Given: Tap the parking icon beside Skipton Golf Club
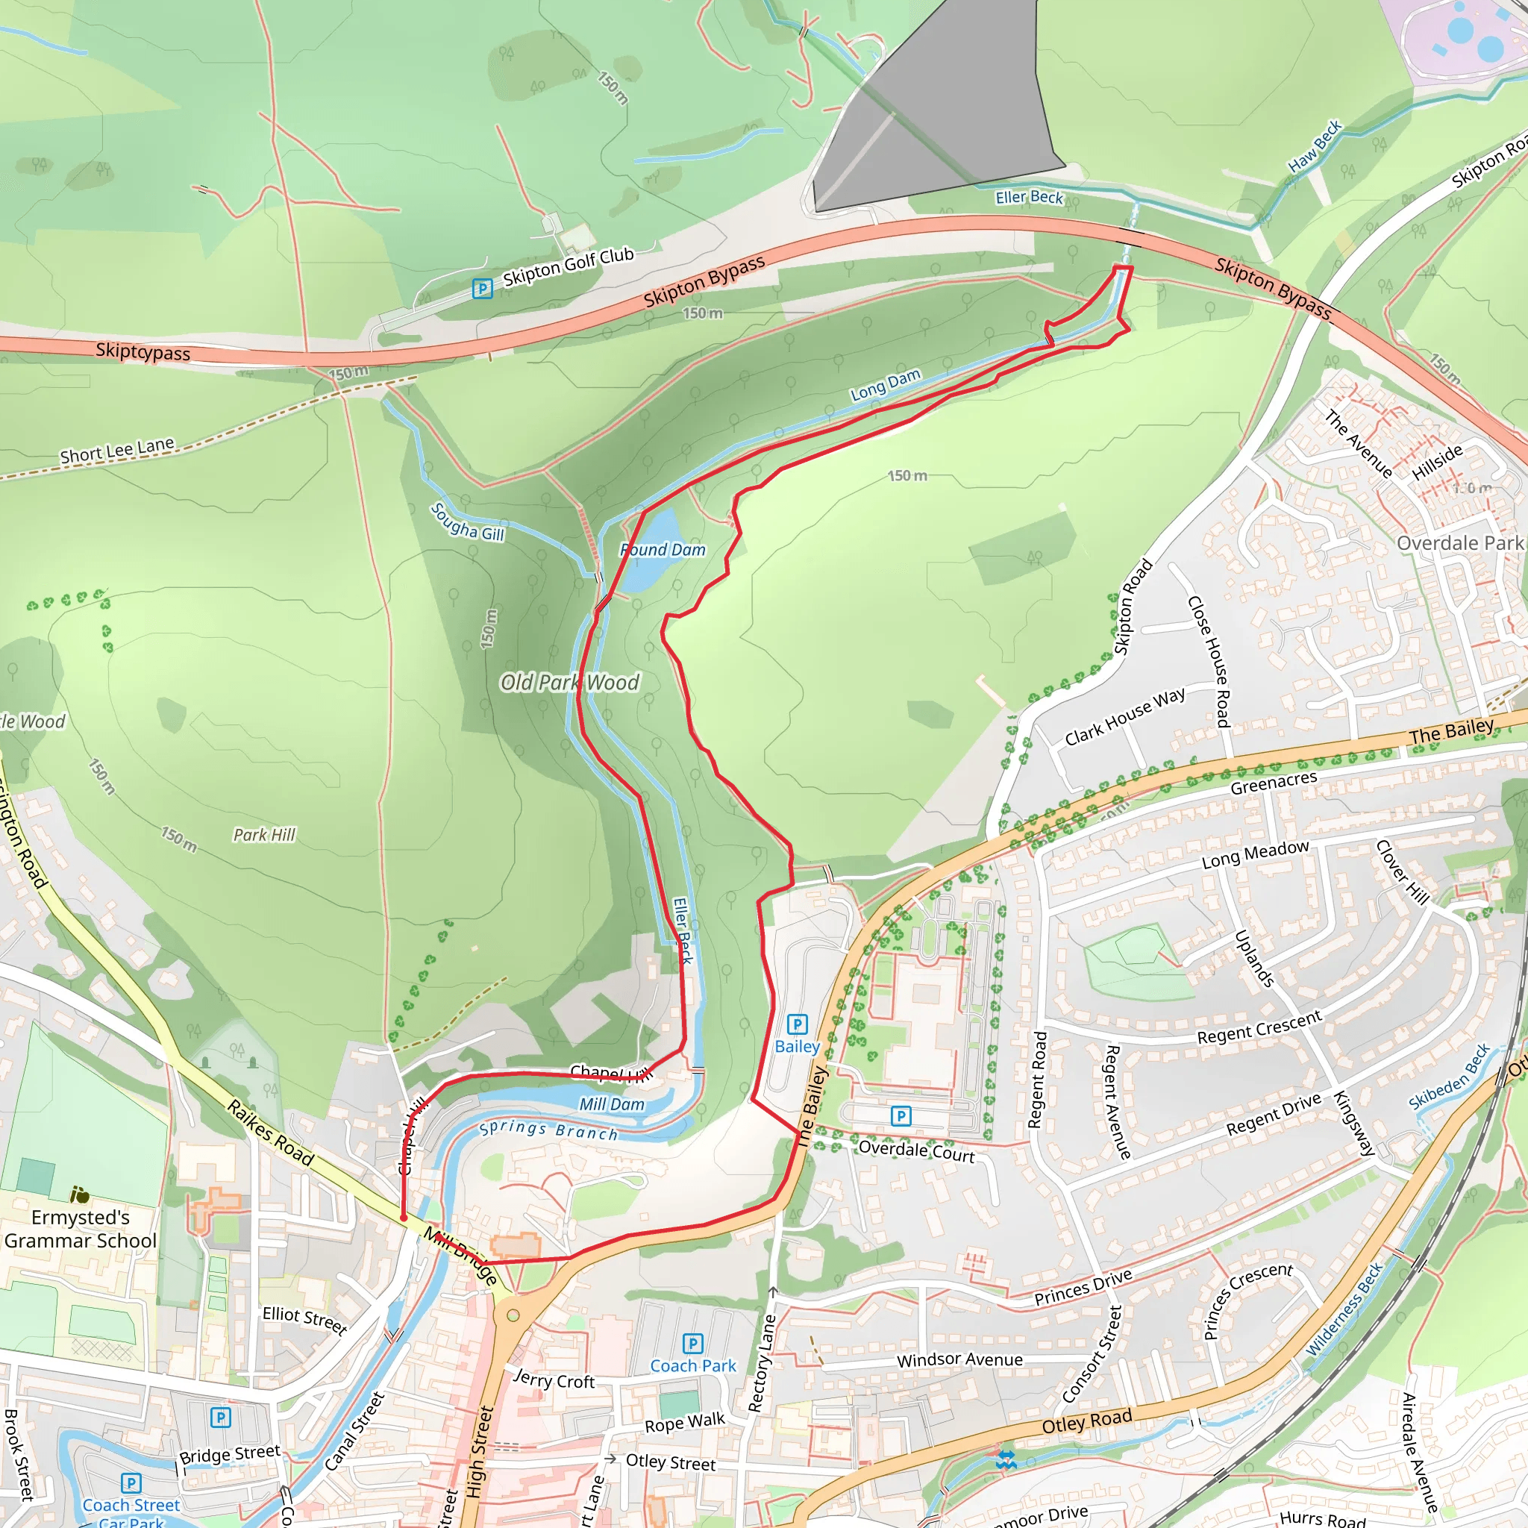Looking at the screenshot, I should pyautogui.click(x=482, y=289).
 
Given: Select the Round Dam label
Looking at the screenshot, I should pyautogui.click(x=663, y=550).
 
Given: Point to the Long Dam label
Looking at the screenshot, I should pyautogui.click(x=885, y=383).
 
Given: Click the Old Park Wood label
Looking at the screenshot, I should pyautogui.click(x=569, y=682).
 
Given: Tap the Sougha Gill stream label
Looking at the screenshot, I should pyautogui.click(x=467, y=522).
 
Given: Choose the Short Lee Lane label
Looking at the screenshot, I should pyautogui.click(x=117, y=450).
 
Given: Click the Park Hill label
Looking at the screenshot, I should pyautogui.click(x=264, y=834).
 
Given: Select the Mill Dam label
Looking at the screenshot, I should pyautogui.click(x=611, y=1104).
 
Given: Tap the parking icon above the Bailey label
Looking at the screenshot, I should pyautogui.click(x=798, y=1024).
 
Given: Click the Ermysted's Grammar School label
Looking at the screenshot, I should pyautogui.click(x=80, y=1228).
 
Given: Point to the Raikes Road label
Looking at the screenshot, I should pyautogui.click(x=271, y=1133).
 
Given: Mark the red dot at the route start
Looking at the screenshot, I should pyautogui.click(x=404, y=1218).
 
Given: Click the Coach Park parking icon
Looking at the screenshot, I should pyautogui.click(x=692, y=1343).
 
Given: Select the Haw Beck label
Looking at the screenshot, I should pyautogui.click(x=1315, y=146).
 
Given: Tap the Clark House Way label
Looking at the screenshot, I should pyautogui.click(x=1124, y=716).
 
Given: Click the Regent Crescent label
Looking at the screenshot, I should pyautogui.click(x=1259, y=1027).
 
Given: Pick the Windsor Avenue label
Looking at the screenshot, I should pyautogui.click(x=959, y=1359).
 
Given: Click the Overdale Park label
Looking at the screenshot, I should pyautogui.click(x=1459, y=542).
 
